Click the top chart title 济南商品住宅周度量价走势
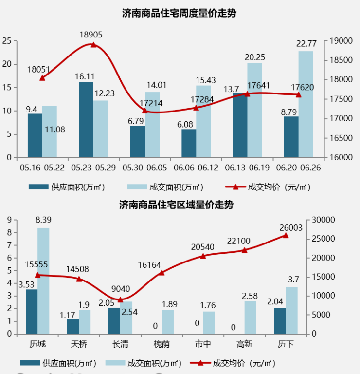(180, 13)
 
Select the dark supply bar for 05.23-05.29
(86, 120)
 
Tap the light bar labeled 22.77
(306, 104)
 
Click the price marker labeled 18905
(93, 45)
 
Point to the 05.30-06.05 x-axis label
(144, 168)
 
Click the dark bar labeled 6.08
(189, 143)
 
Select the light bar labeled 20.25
(254, 110)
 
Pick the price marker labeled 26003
(286, 235)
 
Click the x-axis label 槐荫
(162, 344)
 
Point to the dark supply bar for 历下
(280, 321)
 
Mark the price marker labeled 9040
(121, 299)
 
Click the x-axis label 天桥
(79, 344)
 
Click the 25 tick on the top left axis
(7, 41)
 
